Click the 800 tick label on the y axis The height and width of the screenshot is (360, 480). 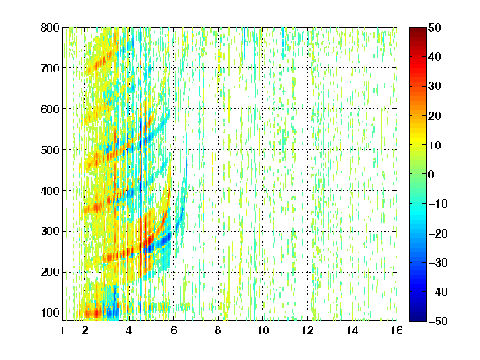pyautogui.click(x=50, y=27)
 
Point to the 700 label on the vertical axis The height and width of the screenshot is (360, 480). pyautogui.click(x=50, y=68)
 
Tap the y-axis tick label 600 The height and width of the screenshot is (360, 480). pyautogui.click(x=50, y=109)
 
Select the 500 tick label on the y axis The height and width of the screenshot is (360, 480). pyautogui.click(x=50, y=150)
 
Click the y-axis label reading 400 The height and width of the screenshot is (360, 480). pyautogui.click(x=50, y=191)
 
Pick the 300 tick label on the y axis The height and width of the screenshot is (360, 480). pyautogui.click(x=50, y=232)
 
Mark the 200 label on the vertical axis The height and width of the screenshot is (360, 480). pyautogui.click(x=50, y=272)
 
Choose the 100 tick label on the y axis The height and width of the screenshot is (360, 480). pyautogui.click(x=50, y=312)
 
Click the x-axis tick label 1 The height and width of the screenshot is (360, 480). pyautogui.click(x=62, y=330)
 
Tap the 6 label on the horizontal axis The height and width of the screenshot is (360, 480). pyautogui.click(x=174, y=330)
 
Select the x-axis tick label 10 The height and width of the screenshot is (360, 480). pyautogui.click(x=263, y=330)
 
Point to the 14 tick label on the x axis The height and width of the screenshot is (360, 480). pyautogui.click(x=352, y=330)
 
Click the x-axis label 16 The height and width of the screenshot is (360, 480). pyautogui.click(x=397, y=330)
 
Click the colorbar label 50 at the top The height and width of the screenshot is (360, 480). pyautogui.click(x=435, y=27)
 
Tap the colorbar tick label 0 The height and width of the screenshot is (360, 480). pyautogui.click(x=432, y=174)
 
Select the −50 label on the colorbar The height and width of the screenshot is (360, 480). pyautogui.click(x=438, y=321)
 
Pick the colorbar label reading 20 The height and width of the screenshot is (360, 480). pyautogui.click(x=435, y=116)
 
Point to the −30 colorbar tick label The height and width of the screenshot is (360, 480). pyautogui.click(x=438, y=262)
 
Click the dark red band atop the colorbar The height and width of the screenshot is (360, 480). pyautogui.click(x=417, y=33)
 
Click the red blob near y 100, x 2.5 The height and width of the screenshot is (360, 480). pyautogui.click(x=91, y=313)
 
